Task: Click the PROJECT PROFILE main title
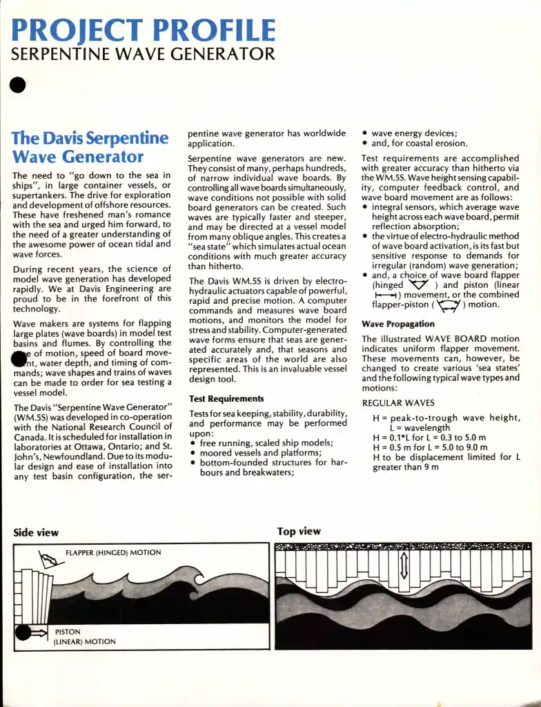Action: point(144,30)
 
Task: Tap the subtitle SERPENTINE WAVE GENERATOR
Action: point(143,54)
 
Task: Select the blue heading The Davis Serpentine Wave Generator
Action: point(90,146)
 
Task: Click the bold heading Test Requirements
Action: point(226,398)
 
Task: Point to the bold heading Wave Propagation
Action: point(398,324)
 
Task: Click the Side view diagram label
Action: point(36,532)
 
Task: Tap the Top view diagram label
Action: point(299,531)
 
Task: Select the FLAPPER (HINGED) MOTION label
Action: point(113,552)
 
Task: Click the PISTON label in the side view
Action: point(68,632)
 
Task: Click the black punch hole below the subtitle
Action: point(18,85)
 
